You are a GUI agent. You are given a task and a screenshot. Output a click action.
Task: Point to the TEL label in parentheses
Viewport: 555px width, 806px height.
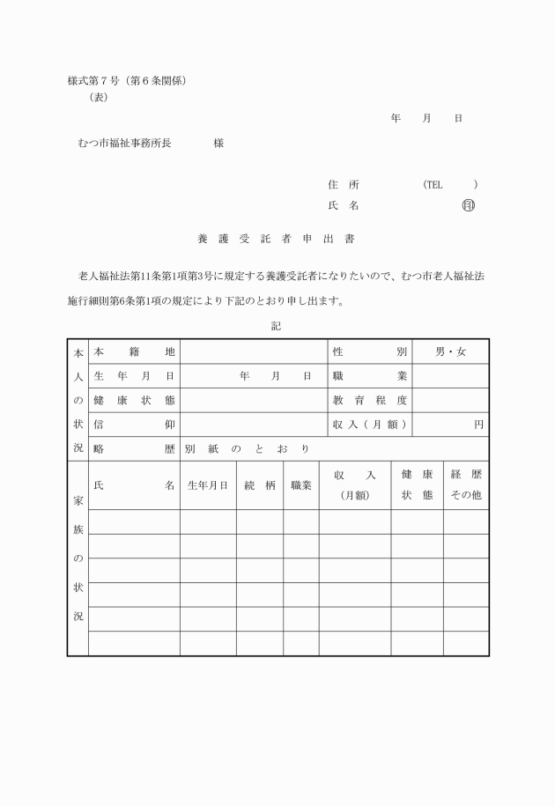[x=433, y=185]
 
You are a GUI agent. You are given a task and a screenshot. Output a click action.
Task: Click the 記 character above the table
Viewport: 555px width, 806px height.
[x=277, y=326]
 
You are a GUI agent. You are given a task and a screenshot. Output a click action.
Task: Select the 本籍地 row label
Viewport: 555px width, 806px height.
[x=134, y=351]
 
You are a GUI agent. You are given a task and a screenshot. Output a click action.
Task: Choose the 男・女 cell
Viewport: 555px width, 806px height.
[x=450, y=351]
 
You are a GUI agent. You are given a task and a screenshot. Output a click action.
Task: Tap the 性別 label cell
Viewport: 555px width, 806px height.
[x=369, y=351]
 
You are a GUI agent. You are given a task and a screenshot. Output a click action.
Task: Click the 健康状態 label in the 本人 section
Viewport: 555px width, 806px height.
[x=134, y=400]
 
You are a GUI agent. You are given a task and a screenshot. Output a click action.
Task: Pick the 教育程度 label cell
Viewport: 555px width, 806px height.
[x=369, y=400]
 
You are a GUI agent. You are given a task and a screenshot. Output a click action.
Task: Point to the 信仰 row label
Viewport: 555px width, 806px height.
[x=134, y=424]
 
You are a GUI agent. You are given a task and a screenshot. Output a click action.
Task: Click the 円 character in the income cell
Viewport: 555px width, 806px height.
[x=478, y=424]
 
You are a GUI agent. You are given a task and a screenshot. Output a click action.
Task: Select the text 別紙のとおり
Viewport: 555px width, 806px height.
[x=247, y=448]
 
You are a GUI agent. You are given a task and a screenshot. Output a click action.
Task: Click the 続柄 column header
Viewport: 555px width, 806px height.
[x=260, y=484]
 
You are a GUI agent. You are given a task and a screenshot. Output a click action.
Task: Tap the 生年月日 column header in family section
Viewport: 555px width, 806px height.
[x=208, y=484]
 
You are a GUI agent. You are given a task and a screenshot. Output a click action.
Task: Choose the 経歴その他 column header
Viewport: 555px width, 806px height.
[x=465, y=484]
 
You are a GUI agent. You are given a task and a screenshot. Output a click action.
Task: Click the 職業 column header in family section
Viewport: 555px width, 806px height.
[x=301, y=484]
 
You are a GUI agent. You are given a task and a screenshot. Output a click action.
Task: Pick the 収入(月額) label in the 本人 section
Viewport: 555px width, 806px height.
[x=369, y=424]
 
